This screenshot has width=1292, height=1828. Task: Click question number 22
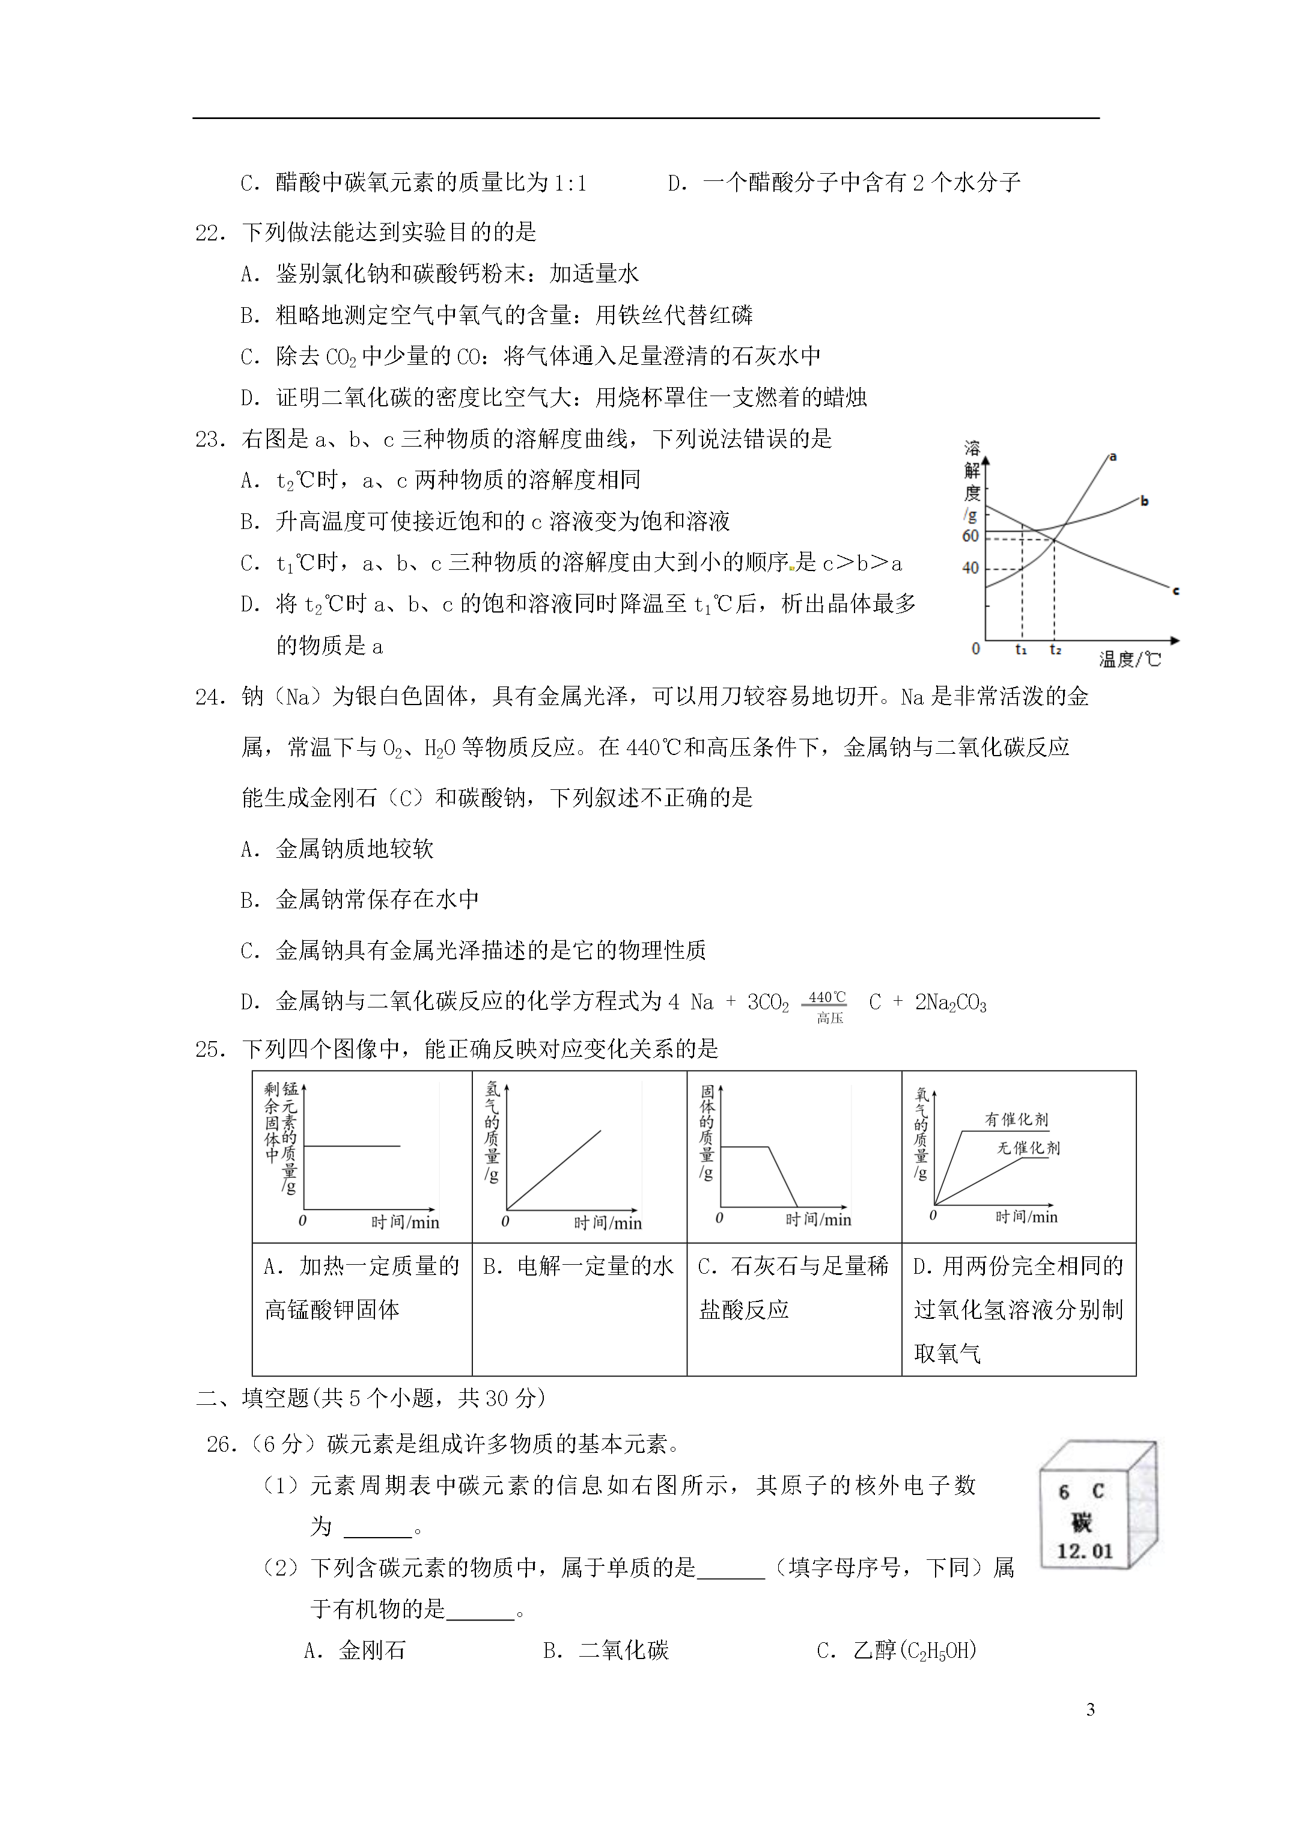pyautogui.click(x=209, y=233)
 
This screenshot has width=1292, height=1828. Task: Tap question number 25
pyautogui.click(x=209, y=1050)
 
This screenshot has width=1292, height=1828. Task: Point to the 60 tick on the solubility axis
pyautogui.click(x=971, y=536)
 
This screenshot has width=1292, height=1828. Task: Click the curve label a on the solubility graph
pyautogui.click(x=1113, y=456)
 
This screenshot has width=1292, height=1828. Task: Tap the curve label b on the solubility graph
pyautogui.click(x=1145, y=501)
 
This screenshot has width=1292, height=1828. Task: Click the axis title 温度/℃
pyautogui.click(x=1130, y=659)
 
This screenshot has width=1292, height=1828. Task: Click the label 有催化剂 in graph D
pyautogui.click(x=1017, y=1119)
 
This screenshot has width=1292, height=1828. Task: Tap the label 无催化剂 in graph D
pyautogui.click(x=1029, y=1148)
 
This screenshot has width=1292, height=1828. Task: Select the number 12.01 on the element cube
pyautogui.click(x=1084, y=1551)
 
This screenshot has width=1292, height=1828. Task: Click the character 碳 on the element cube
pyautogui.click(x=1081, y=1521)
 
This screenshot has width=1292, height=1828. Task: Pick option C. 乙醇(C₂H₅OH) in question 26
pyautogui.click(x=897, y=1651)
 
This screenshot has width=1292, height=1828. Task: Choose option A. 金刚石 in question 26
pyautogui.click(x=355, y=1651)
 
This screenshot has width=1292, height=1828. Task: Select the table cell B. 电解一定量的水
pyautogui.click(x=579, y=1266)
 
